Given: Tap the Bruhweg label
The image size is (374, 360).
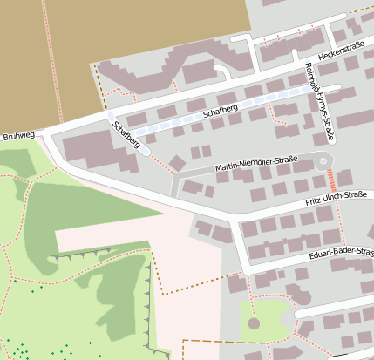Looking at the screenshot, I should [18, 137].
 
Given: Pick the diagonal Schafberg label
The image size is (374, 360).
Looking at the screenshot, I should [126, 134].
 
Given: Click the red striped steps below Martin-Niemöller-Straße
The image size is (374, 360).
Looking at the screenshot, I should [332, 180].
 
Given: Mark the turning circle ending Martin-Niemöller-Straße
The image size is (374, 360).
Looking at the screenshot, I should [323, 160].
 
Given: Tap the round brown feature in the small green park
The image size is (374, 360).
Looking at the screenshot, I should [254, 323].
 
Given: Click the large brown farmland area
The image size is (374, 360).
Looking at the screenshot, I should [44, 61].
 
